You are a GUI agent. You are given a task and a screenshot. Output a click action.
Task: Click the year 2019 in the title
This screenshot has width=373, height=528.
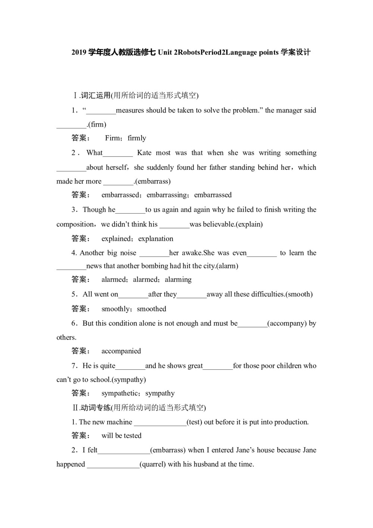tap(79, 52)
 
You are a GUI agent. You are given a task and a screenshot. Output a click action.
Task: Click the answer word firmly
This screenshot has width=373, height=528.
tap(137, 138)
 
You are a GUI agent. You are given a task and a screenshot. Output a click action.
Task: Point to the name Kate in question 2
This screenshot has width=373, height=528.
tap(144, 153)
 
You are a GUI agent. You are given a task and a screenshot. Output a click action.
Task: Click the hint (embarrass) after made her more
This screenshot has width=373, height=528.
tap(153, 181)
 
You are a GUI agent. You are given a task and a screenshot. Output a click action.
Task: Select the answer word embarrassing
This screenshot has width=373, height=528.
tap(167, 195)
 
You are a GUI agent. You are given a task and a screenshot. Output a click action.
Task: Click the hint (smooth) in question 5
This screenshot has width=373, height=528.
tap(299, 294)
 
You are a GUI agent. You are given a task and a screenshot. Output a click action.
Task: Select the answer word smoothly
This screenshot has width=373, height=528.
tap(116, 309)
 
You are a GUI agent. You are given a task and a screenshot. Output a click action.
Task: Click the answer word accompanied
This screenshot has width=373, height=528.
tap(121, 351)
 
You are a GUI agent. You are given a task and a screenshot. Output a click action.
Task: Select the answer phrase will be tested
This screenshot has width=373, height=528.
tap(122, 436)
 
